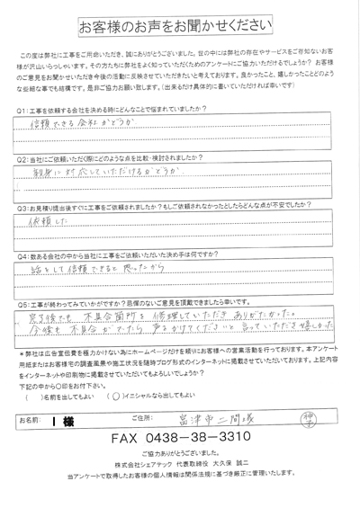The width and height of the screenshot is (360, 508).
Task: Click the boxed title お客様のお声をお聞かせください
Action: pyautogui.click(x=180, y=19)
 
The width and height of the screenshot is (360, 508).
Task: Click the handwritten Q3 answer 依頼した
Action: pyautogui.click(x=45, y=219)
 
